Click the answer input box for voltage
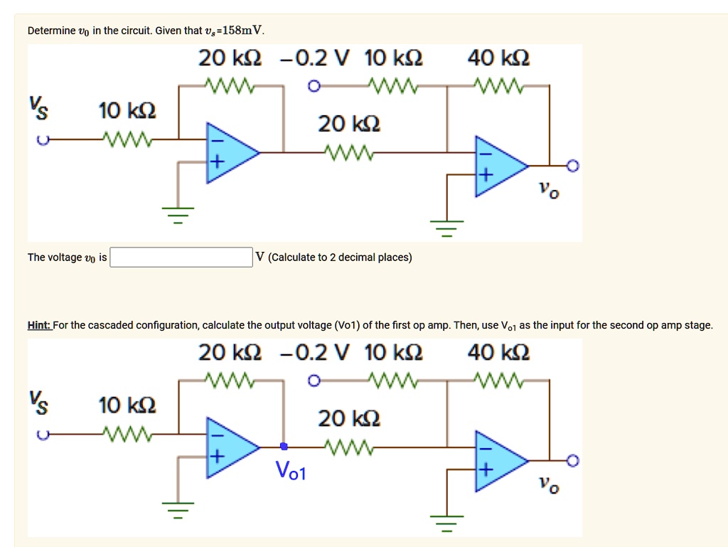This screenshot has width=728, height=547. tap(181, 257)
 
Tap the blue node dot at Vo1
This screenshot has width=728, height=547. tap(284, 447)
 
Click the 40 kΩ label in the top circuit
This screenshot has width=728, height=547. tap(498, 58)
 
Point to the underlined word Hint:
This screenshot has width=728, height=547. tap(39, 325)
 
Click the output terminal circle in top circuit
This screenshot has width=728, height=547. tap(574, 166)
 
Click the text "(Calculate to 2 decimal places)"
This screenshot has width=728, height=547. tap(341, 257)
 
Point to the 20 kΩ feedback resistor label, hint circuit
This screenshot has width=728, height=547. tap(230, 353)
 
